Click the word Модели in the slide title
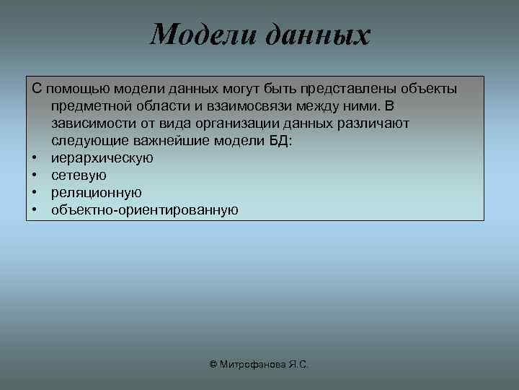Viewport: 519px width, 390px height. [x=204, y=35]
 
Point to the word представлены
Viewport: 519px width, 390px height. [x=347, y=89]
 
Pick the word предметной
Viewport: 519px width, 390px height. [x=89, y=106]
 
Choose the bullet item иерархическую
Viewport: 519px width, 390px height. [x=102, y=158]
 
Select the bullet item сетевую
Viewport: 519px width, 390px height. [x=79, y=175]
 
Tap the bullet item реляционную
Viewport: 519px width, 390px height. [x=96, y=193]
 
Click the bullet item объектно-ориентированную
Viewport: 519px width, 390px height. [x=144, y=210]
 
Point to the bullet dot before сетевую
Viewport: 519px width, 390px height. [x=35, y=175]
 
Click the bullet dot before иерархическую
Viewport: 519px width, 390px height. [x=35, y=158]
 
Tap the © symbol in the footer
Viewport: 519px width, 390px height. [x=213, y=365]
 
